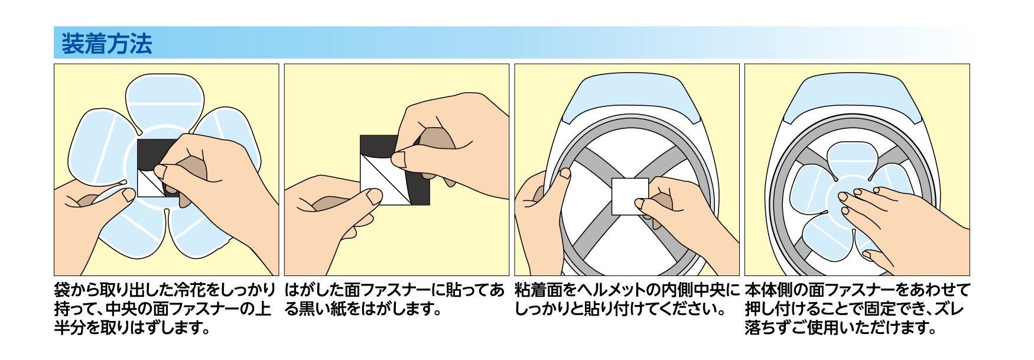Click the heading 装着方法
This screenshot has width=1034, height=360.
point(106,44)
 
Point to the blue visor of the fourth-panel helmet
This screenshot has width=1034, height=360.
point(857,98)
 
